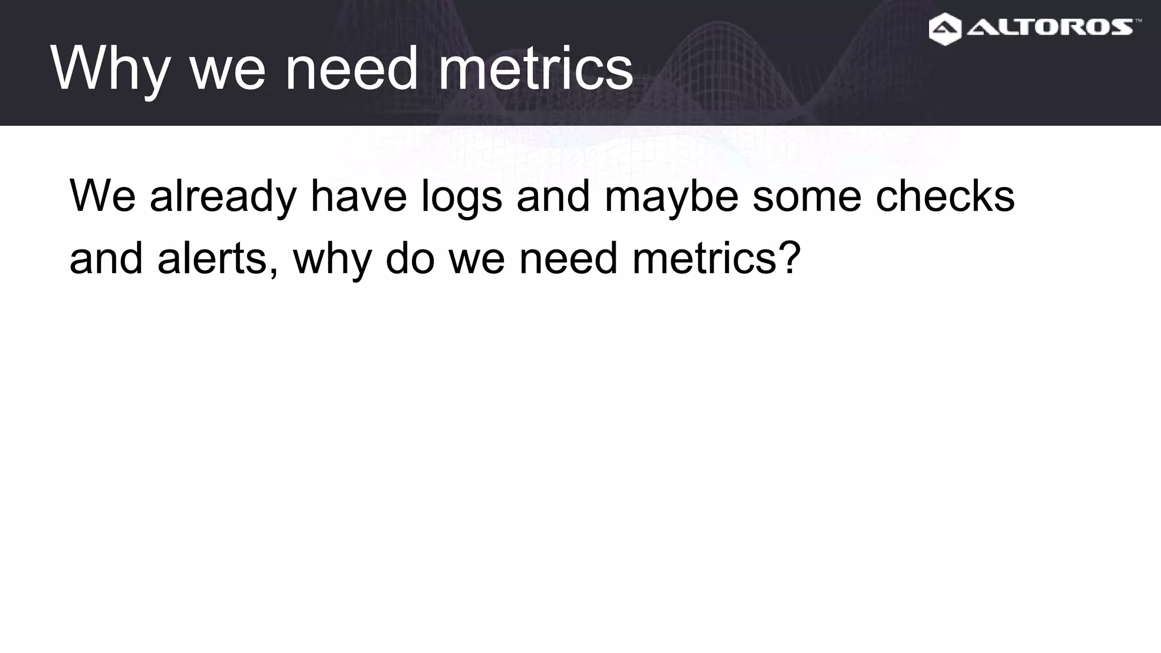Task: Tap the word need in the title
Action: click(x=351, y=69)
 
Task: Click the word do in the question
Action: click(x=410, y=258)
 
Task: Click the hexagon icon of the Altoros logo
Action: click(x=945, y=29)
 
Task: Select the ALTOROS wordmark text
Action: click(x=1049, y=27)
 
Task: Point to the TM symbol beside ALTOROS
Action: click(x=1138, y=21)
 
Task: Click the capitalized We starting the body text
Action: click(x=102, y=196)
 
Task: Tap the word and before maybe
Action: click(x=553, y=196)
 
